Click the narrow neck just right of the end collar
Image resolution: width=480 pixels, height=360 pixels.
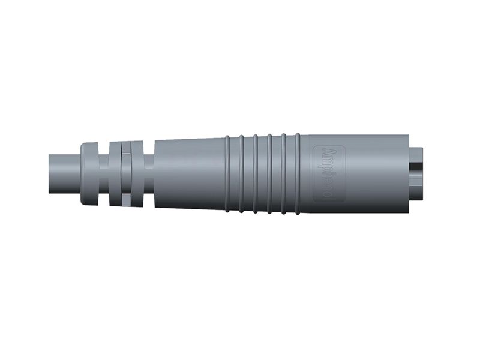click(104, 173)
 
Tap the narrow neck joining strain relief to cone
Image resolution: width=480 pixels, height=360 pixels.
click(149, 173)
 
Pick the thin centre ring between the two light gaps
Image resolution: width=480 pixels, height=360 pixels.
click(126, 175)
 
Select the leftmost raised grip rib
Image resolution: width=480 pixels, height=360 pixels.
click(227, 173)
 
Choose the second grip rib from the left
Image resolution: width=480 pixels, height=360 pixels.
click(241, 173)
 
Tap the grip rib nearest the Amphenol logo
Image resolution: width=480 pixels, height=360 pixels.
click(298, 173)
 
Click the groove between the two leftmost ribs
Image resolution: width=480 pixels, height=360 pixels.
click(234, 173)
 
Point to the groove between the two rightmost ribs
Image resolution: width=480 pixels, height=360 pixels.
click(290, 173)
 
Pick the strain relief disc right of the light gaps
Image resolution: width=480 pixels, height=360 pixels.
click(137, 173)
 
